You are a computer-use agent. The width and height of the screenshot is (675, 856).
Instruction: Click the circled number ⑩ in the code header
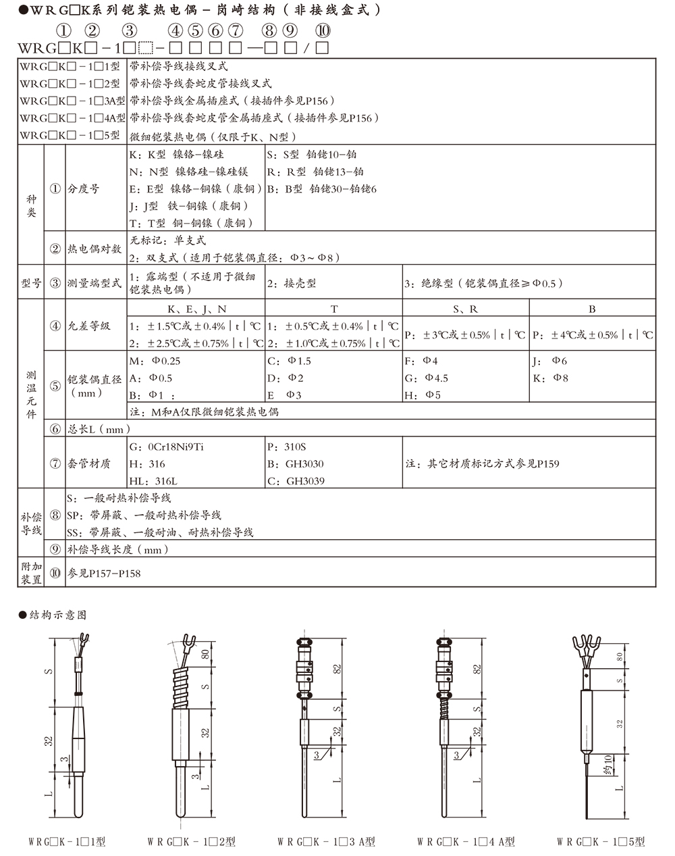(x=323, y=31)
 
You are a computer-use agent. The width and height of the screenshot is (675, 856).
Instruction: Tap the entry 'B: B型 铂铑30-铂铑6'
(x=322, y=189)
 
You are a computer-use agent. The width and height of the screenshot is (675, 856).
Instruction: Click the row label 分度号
(x=83, y=189)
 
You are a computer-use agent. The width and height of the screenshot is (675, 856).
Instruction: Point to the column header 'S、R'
(x=465, y=309)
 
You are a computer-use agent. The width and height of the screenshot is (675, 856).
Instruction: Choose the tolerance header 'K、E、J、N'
(x=196, y=309)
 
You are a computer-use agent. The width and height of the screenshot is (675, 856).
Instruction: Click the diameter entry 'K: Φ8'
(x=550, y=378)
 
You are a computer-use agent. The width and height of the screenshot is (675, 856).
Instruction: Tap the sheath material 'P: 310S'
(x=287, y=447)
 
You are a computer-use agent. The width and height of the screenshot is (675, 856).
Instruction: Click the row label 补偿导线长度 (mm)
(x=117, y=550)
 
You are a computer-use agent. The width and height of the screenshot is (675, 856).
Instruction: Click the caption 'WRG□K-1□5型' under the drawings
(x=600, y=842)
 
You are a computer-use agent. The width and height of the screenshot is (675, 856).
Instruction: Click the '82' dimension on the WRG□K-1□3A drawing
(x=335, y=669)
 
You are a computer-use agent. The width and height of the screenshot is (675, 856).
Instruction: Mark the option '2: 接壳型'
(x=292, y=284)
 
